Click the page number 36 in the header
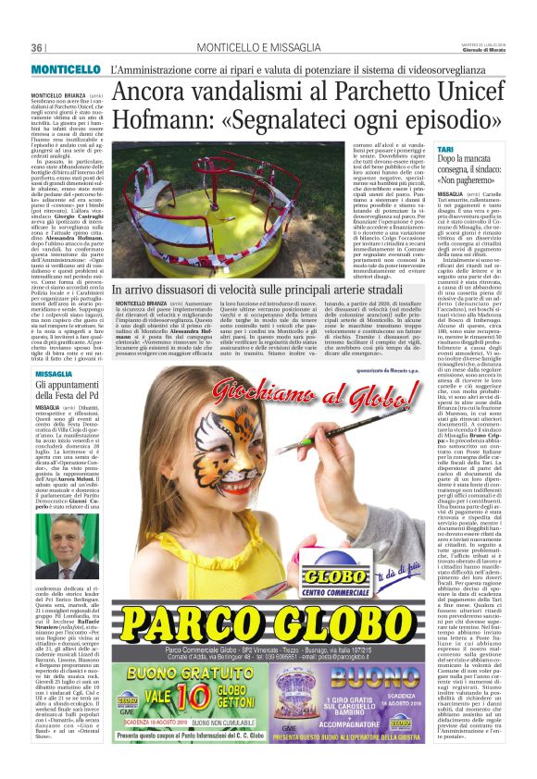pos(38,48)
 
